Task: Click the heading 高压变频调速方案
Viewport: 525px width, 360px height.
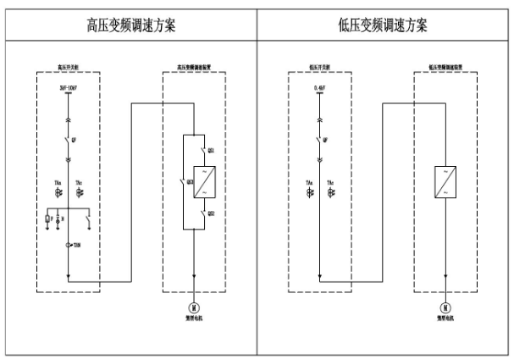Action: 131,25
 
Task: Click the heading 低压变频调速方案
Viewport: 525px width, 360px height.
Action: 383,25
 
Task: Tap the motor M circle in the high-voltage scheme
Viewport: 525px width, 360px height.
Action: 194,307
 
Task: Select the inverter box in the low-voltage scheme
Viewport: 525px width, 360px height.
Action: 445,180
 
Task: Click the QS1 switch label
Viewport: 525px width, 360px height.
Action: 212,149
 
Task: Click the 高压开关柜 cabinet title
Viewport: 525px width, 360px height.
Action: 68,67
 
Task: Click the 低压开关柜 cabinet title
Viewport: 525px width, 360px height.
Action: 319,67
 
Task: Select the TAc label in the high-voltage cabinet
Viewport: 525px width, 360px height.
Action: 80,181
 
